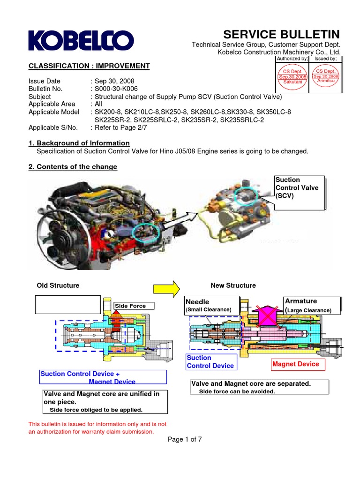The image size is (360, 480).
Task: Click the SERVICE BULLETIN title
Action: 282,34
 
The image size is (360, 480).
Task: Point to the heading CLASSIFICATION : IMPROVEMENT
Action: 89,66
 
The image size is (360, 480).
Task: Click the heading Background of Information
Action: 79,143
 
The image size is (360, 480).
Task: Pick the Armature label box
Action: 312,305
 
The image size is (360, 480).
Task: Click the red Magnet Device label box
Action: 296,364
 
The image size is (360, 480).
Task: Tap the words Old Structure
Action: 58,285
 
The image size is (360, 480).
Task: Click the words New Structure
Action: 233,285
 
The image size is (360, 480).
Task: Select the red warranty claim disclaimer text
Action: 97,427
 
